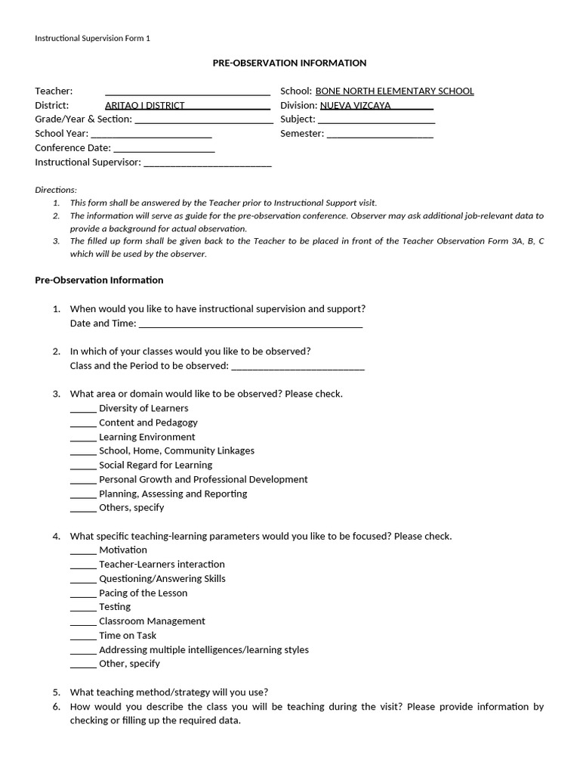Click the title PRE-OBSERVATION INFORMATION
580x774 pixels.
pyautogui.click(x=289, y=63)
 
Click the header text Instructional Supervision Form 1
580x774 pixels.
pyautogui.click(x=93, y=38)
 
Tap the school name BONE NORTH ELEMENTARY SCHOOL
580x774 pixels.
pyautogui.click(x=394, y=91)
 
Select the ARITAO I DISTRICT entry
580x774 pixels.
pyautogui.click(x=144, y=106)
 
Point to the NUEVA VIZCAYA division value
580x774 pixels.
pyautogui.click(x=356, y=106)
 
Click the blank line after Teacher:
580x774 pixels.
pyautogui.click(x=187, y=93)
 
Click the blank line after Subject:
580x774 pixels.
pyautogui.click(x=376, y=121)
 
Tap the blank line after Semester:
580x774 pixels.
pyautogui.click(x=380, y=135)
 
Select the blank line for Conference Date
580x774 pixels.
pyautogui.click(x=164, y=150)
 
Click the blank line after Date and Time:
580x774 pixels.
pyautogui.click(x=251, y=325)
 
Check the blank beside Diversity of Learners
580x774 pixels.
pyautogui.click(x=83, y=410)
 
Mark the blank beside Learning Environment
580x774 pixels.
pyautogui.click(x=83, y=438)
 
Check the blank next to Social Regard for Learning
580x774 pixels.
pyautogui.click(x=83, y=466)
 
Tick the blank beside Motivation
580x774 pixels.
pyautogui.click(x=83, y=551)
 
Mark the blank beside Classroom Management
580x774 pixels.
pyautogui.click(x=83, y=622)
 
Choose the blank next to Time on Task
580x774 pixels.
pyautogui.click(x=83, y=636)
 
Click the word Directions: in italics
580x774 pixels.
pyautogui.click(x=56, y=190)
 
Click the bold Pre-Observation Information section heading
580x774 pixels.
pyautogui.click(x=99, y=280)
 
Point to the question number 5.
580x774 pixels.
pyautogui.click(x=57, y=692)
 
